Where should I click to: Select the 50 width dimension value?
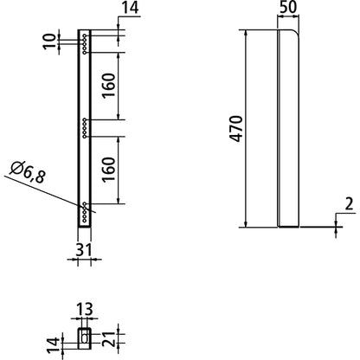[x=288, y=10]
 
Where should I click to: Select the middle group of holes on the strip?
[x=85, y=126]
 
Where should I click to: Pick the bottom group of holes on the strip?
[x=85, y=212]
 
